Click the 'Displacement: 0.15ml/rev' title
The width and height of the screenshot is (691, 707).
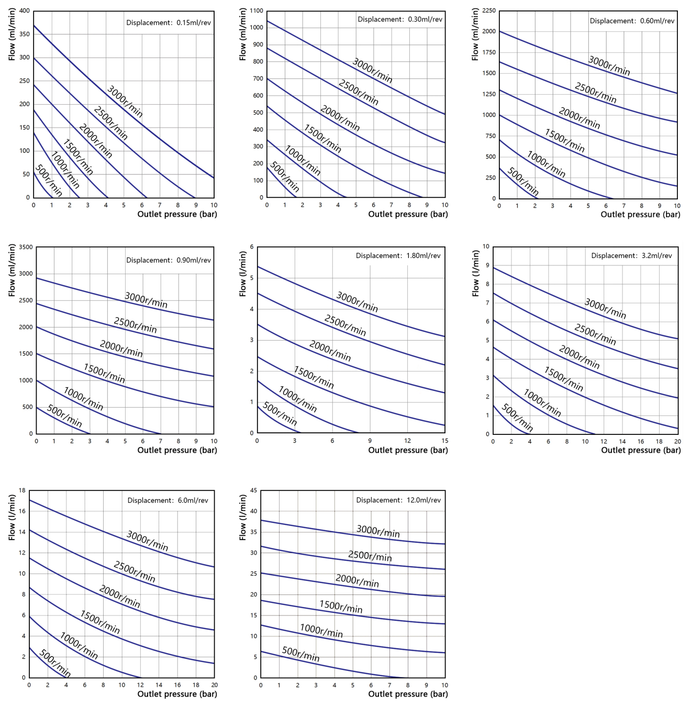point(168,23)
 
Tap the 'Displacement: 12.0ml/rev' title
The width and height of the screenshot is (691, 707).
point(398,500)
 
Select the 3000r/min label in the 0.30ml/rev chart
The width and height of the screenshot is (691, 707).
point(372,71)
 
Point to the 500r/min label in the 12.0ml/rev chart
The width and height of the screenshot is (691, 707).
point(300,654)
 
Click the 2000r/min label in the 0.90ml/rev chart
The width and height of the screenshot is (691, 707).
point(121,349)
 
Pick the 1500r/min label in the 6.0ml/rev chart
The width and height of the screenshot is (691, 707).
point(100,622)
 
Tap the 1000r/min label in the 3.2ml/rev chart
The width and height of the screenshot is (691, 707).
point(542,403)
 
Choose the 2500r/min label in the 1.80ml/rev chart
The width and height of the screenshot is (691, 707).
point(345,325)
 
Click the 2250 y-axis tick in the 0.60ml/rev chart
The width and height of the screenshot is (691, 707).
point(489,10)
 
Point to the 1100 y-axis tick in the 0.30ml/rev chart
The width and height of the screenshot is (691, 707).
point(257,10)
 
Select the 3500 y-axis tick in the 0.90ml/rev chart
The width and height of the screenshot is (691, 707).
point(26,247)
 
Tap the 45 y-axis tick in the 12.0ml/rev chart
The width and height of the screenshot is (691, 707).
point(254,490)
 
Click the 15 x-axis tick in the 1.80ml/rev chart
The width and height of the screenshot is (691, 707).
point(444,441)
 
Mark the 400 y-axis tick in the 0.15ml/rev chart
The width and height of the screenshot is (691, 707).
point(25,10)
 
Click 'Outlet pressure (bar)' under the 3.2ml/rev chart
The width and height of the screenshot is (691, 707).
point(641,450)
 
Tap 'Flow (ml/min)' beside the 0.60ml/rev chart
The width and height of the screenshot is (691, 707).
point(475,35)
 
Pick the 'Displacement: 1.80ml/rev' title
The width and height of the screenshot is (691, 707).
point(398,256)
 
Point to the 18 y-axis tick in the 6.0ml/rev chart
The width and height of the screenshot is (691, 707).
point(22,490)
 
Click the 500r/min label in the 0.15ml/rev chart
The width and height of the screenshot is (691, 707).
point(49,181)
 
